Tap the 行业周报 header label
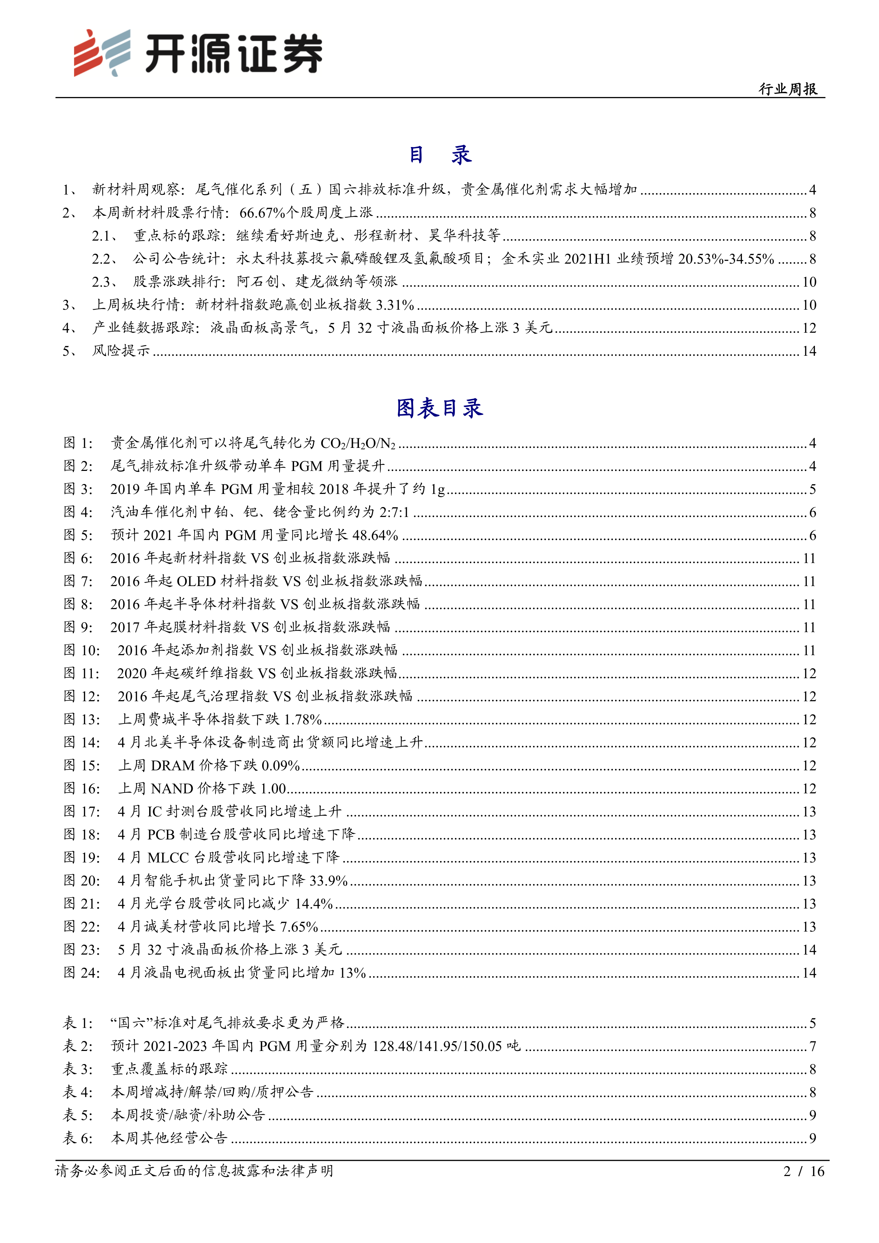pyautogui.click(x=788, y=89)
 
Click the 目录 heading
pyautogui.click(x=439, y=155)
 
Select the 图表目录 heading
pyautogui.click(x=439, y=408)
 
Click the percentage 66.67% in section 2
pyautogui.click(x=262, y=213)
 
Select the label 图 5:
pyautogui.click(x=79, y=535)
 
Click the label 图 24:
pyautogui.click(x=82, y=973)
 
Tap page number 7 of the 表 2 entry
pyautogui.click(x=812, y=1046)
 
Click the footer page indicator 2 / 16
pyautogui.click(x=804, y=1171)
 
